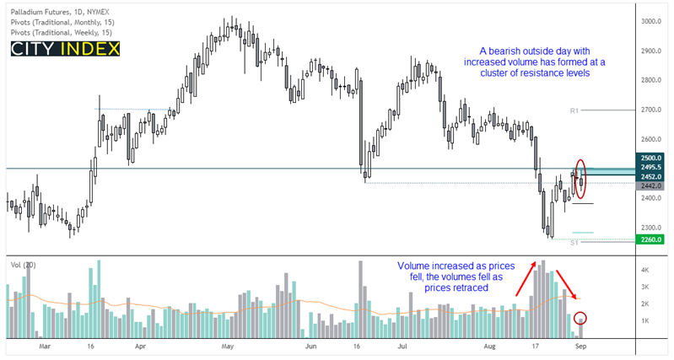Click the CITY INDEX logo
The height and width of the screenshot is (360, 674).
65,48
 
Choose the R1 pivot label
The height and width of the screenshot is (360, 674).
574,110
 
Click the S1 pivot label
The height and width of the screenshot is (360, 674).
574,243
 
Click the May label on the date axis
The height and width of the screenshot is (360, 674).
226,347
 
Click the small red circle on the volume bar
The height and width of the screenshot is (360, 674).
580,320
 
